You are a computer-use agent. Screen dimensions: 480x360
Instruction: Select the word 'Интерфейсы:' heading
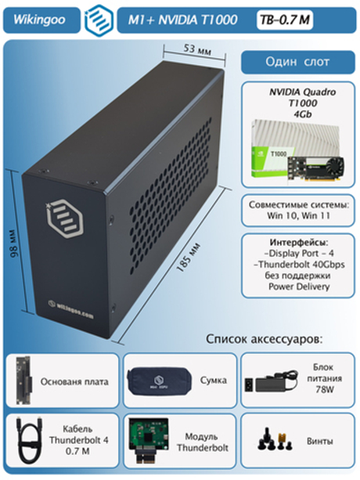297,241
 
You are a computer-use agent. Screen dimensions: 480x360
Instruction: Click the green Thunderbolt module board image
149,442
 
